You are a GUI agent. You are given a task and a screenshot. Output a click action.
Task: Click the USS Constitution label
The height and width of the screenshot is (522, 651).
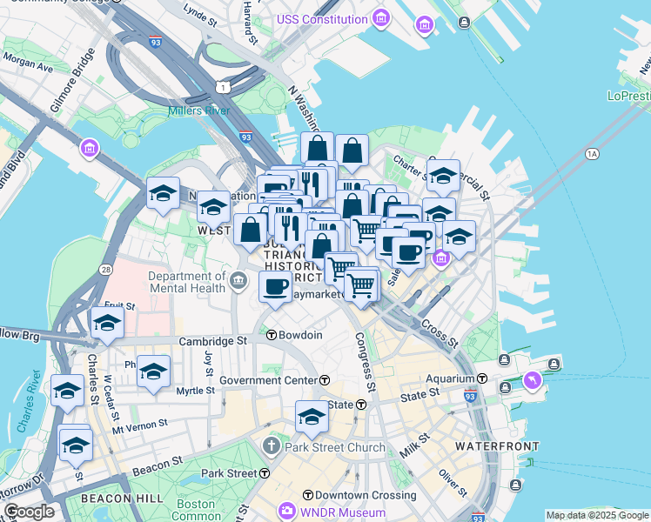pyautogui.click(x=321, y=19)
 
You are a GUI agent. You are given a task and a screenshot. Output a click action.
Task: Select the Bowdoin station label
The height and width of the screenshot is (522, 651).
pyautogui.click(x=301, y=335)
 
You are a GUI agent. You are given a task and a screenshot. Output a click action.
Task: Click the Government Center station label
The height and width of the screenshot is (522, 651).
pyautogui.click(x=268, y=380)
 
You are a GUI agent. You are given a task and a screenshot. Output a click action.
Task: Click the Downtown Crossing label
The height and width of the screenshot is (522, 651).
pyautogui.click(x=354, y=494)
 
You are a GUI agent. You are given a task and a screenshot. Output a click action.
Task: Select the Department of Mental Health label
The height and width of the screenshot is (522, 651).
pyautogui.click(x=188, y=282)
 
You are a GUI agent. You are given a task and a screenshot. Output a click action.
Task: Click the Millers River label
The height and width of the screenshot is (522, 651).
pyautogui.click(x=198, y=110)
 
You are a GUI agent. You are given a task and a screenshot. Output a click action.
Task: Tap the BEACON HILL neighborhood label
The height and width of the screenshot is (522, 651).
pyautogui.click(x=116, y=498)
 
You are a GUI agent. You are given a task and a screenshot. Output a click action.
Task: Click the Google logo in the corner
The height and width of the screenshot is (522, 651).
pyautogui.click(x=29, y=512)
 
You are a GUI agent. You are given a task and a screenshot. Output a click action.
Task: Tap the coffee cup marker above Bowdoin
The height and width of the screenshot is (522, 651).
pyautogui.click(x=276, y=286)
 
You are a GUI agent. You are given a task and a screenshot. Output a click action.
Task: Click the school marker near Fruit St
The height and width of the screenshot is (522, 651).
pyautogui.click(x=107, y=324)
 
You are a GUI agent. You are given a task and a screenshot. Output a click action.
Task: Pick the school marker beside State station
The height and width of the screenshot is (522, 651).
pyautogui.click(x=312, y=417)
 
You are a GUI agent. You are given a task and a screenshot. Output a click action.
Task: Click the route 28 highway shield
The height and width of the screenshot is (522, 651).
pyautogui.click(x=106, y=271)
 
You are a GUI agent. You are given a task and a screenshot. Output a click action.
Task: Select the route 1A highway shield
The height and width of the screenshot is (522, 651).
pyautogui.click(x=593, y=154)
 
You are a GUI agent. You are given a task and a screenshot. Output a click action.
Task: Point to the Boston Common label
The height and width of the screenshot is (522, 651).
pyautogui.click(x=195, y=510)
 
